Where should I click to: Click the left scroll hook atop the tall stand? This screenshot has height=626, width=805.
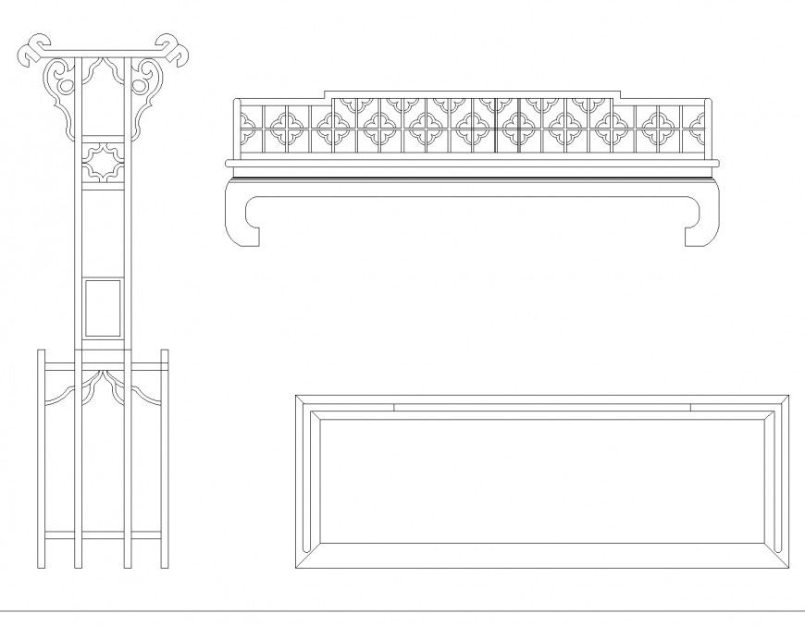33,51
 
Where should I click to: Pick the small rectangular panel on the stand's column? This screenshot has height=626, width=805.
102,307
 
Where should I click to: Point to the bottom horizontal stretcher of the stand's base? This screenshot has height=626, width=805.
102,535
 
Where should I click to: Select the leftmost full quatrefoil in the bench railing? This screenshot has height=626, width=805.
283,129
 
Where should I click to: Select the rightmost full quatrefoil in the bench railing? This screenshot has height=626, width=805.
659,129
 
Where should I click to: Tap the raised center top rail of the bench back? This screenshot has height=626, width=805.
472,94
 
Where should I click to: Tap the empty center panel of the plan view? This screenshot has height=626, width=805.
541,481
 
